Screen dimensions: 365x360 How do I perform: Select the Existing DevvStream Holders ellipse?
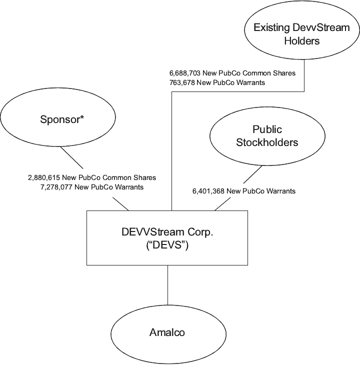(x=301, y=34)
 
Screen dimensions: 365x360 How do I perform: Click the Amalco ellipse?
(x=167, y=332)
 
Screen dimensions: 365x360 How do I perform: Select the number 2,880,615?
(x=43, y=177)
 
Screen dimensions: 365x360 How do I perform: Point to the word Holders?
(x=301, y=41)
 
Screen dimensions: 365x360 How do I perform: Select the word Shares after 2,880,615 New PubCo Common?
(x=144, y=177)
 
